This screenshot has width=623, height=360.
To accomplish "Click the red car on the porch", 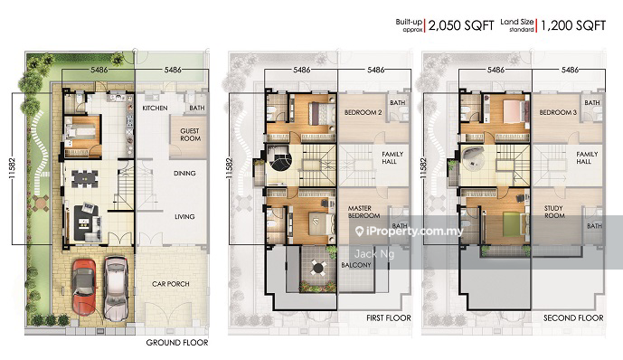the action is pos(84,287).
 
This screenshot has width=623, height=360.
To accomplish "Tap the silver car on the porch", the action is pos(116,288).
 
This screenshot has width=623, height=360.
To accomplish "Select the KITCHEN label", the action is pos(155,108).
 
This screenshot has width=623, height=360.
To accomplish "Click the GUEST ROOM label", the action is pos(190,135).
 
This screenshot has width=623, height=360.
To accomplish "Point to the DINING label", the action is pos(184,174).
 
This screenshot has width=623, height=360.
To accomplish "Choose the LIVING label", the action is pos(184,216).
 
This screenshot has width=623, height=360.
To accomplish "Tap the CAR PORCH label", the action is pos(171,284).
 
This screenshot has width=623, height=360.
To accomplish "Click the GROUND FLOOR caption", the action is pos(177,343).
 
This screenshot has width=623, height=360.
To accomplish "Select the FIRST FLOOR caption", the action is pos(389,317).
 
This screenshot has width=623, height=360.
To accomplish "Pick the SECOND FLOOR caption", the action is pos(573,317).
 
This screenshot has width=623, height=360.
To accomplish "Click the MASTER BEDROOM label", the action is pos(364,212).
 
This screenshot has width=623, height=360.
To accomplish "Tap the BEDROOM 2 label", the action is pos(363,112).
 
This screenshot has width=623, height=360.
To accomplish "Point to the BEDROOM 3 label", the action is pos(558,112).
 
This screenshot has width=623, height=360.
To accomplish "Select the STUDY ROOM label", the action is pos(554,212).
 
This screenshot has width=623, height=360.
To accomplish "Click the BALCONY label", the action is pos(356,265).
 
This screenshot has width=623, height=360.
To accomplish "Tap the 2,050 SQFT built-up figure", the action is pos(461,26).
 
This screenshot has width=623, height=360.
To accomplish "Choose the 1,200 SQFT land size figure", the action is pos(573,26).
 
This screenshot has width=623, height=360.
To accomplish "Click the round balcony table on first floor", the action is pos(317,268).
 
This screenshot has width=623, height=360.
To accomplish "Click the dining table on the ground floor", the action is pos(85,178).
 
